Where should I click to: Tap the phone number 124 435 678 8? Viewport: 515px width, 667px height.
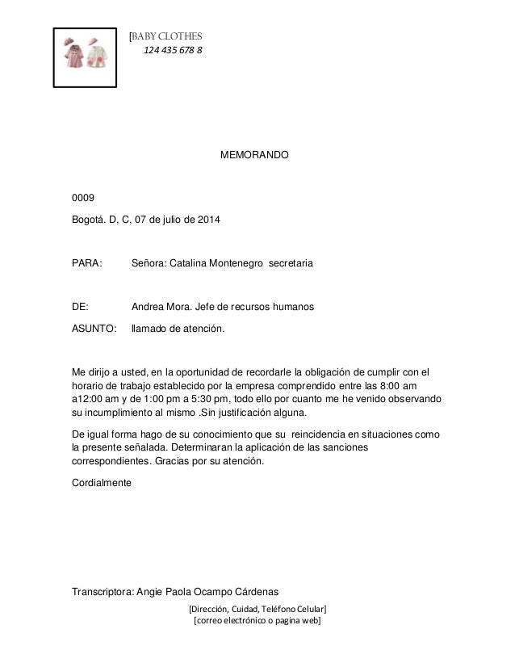click(173, 52)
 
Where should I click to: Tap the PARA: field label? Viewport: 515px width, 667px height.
click(87, 264)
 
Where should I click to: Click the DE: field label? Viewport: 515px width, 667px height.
click(81, 308)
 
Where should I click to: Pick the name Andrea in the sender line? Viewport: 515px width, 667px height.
click(148, 308)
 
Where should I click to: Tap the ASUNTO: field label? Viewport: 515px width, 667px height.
click(94, 329)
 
